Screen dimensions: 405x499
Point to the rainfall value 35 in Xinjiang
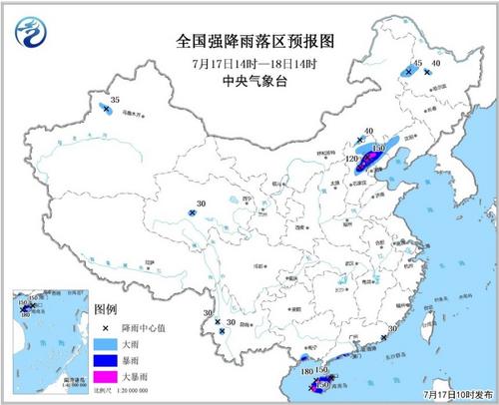point(115,101)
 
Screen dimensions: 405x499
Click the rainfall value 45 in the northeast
point(418,63)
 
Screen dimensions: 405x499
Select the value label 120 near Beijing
point(351,159)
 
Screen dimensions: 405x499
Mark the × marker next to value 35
point(106,109)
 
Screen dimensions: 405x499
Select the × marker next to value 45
point(409,71)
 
